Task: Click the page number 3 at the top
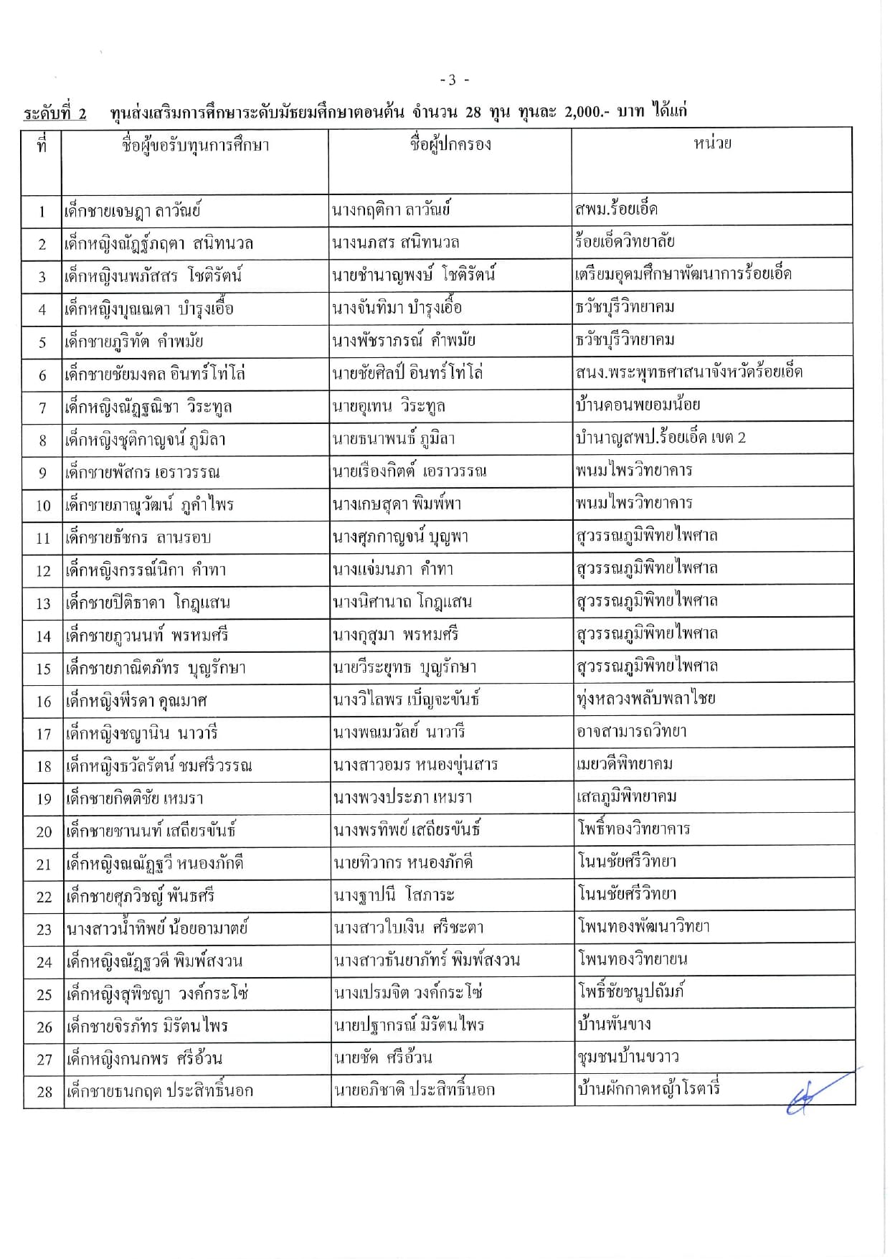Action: pyautogui.click(x=452, y=80)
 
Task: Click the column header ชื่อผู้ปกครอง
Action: pyautogui.click(x=450, y=144)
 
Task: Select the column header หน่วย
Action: pyautogui.click(x=712, y=143)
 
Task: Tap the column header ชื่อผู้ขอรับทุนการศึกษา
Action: pyautogui.click(x=195, y=146)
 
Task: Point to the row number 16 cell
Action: pyautogui.click(x=43, y=702)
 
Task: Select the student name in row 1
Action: pyautogui.click(x=133, y=211)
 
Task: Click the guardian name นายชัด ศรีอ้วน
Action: pyautogui.click(x=382, y=1057)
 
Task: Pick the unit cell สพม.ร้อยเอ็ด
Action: pyautogui.click(x=616, y=209)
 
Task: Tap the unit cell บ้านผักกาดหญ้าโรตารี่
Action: pyautogui.click(x=648, y=1089)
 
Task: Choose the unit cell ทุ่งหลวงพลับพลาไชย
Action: pyautogui.click(x=645, y=698)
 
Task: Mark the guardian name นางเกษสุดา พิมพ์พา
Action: pyautogui.click(x=397, y=504)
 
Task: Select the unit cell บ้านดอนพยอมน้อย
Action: pyautogui.click(x=638, y=405)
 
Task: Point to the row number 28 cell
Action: pyautogui.click(x=43, y=1092)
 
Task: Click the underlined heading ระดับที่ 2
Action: pyautogui.click(x=55, y=113)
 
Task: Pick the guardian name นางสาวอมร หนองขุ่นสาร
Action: pyautogui.click(x=415, y=765)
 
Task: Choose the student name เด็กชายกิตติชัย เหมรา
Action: pyautogui.click(x=134, y=798)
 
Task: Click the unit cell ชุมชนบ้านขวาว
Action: pyautogui.click(x=628, y=1057)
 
